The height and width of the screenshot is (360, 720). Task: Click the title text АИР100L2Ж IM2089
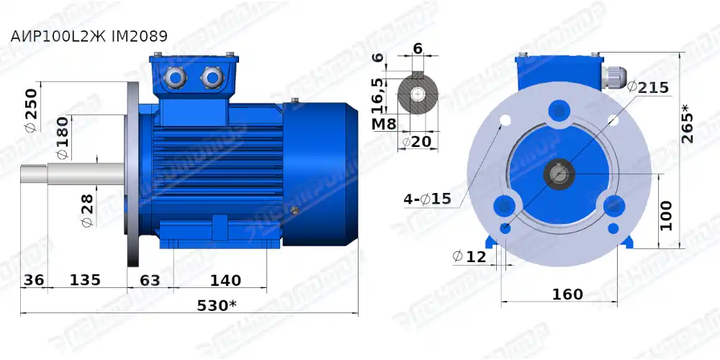click(x=89, y=36)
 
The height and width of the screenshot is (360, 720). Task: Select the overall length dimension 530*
click(x=217, y=305)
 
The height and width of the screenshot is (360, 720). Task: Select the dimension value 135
click(x=84, y=279)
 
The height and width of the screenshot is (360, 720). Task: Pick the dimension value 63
click(x=150, y=279)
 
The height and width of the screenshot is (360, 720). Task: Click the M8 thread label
click(x=384, y=124)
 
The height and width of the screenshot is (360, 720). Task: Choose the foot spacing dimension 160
click(x=567, y=294)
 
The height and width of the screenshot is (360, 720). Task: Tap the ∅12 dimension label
click(x=469, y=256)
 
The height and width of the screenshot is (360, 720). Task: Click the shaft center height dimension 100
click(x=666, y=215)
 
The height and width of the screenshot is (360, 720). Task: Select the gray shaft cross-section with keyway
click(x=418, y=94)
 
